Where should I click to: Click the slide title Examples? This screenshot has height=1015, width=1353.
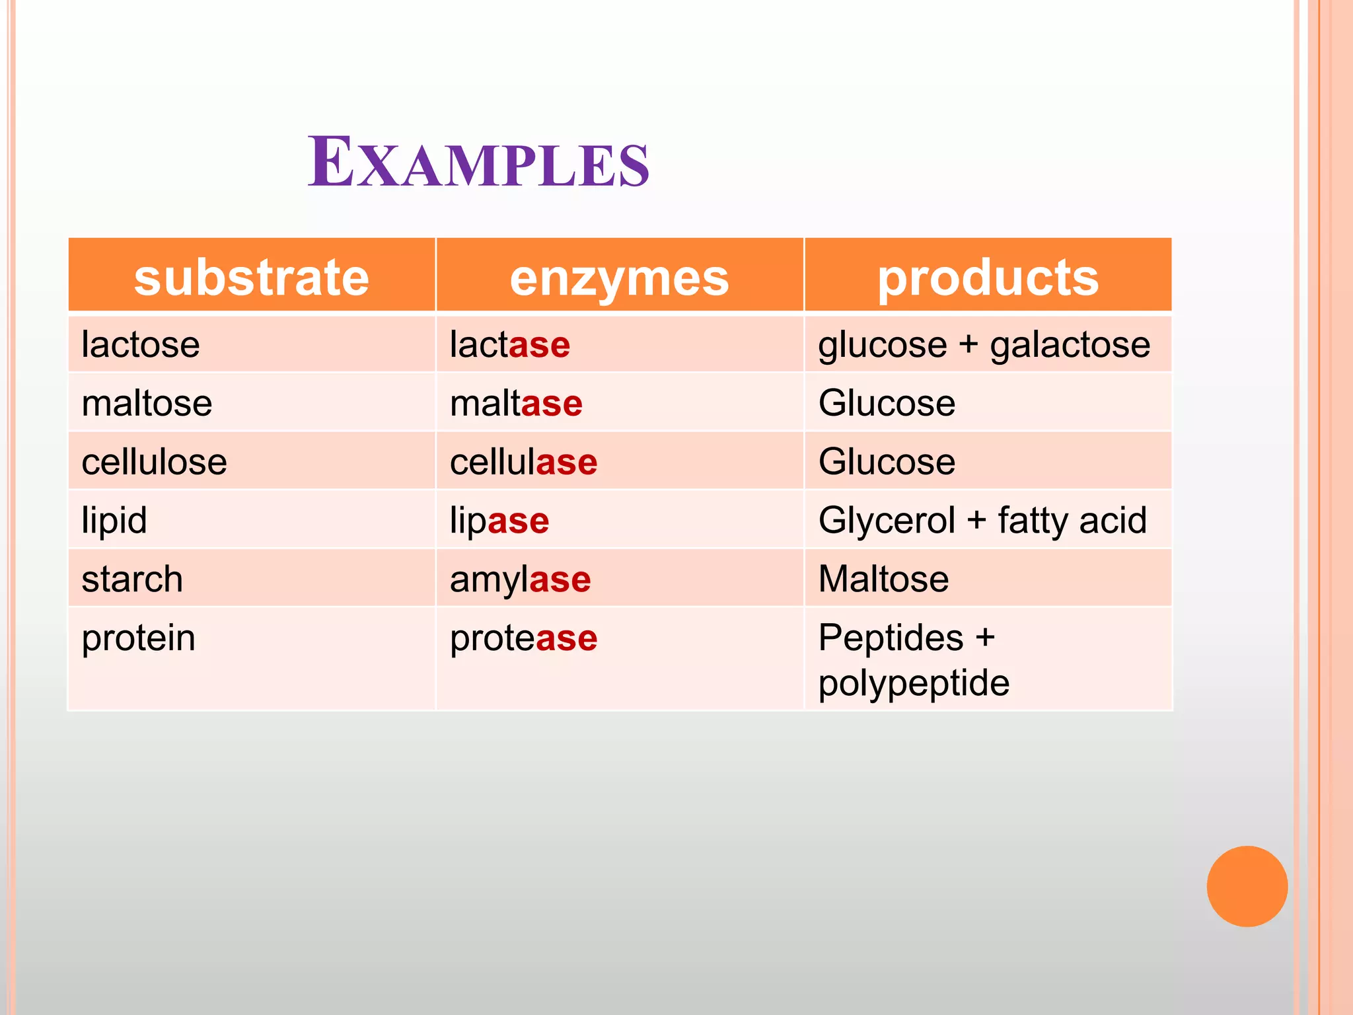click(x=478, y=163)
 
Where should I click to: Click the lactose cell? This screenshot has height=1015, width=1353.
click(x=141, y=345)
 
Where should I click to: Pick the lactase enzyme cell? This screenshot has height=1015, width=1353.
click(x=509, y=345)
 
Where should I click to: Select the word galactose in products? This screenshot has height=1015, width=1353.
click(x=1070, y=345)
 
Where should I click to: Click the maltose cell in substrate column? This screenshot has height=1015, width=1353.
click(x=147, y=403)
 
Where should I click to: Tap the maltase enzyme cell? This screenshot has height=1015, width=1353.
click(x=516, y=403)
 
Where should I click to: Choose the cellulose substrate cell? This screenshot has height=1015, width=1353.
click(x=154, y=461)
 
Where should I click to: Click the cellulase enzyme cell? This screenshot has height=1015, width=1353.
click(x=523, y=461)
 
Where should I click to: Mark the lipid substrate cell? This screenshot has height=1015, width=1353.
click(x=114, y=520)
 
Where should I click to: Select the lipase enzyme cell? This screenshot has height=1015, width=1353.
click(x=499, y=520)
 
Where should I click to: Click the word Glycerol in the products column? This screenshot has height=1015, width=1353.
click(x=887, y=520)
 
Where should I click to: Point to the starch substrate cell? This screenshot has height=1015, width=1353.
click(x=132, y=579)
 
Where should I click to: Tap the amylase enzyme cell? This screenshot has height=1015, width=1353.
click(x=520, y=579)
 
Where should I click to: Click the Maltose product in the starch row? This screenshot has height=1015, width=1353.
click(x=883, y=579)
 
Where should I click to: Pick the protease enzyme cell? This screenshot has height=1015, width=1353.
click(x=523, y=638)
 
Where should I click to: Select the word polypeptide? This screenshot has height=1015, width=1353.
click(x=914, y=683)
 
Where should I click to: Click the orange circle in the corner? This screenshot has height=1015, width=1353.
click(x=1247, y=886)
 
